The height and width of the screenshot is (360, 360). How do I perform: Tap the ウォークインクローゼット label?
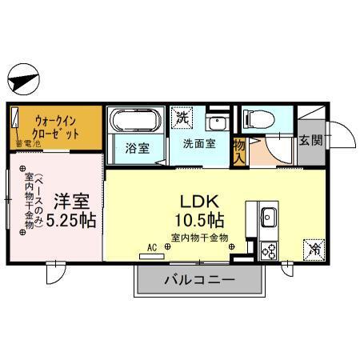[55, 126]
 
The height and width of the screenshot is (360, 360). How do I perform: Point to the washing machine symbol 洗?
[182, 117]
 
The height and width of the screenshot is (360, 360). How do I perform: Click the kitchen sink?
[269, 216]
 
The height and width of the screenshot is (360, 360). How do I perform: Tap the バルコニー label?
[199, 281]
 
